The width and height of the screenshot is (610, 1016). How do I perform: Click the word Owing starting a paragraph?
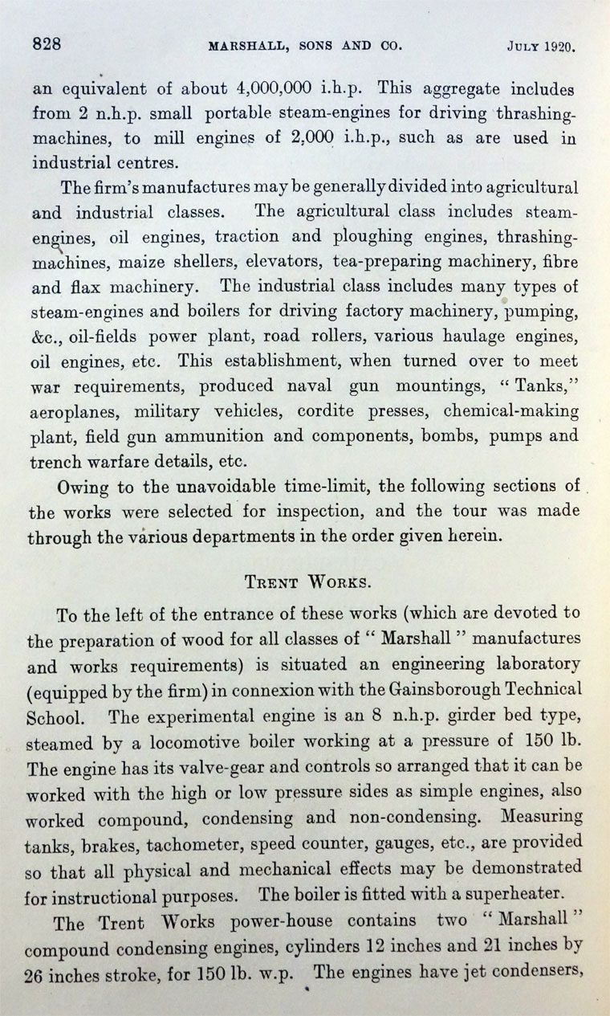click(x=86, y=488)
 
